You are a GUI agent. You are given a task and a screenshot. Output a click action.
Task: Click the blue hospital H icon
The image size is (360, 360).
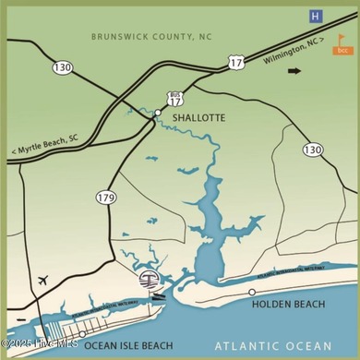[317, 16]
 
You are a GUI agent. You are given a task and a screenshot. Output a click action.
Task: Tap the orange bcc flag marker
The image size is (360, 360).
[342, 45]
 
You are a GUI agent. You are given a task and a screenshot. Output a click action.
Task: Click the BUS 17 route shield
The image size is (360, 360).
[174, 98]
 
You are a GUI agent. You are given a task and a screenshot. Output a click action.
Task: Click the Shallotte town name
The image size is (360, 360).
[193, 117]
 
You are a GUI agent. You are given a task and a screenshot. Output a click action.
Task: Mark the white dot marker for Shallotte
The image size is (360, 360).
[158, 113]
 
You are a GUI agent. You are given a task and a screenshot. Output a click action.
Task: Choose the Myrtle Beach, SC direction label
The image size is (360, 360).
[45, 150]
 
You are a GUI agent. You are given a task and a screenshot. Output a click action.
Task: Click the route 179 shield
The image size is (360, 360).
[106, 197]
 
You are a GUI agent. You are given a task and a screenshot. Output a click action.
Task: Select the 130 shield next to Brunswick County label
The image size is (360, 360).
[63, 66]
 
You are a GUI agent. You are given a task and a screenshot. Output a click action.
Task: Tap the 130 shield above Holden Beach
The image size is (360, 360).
[313, 149]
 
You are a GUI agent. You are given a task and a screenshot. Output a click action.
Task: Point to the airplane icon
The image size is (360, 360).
[43, 280]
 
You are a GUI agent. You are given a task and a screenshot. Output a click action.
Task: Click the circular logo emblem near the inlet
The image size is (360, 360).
[147, 279]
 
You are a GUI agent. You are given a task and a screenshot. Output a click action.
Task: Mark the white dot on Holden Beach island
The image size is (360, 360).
[252, 292]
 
